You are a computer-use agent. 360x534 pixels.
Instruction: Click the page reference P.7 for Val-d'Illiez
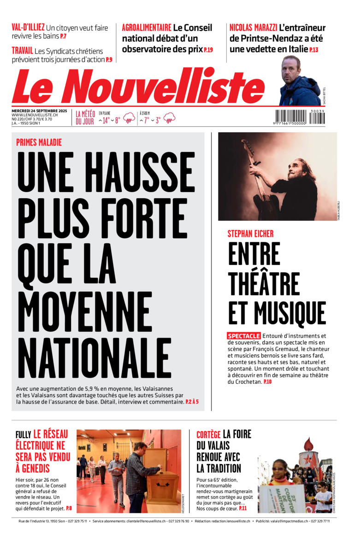pyautogui.click(x=63, y=36)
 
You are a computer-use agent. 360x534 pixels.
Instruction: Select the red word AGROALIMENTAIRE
pyautogui.click(x=146, y=28)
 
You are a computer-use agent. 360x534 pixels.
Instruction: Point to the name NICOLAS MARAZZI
pyautogui.click(x=253, y=28)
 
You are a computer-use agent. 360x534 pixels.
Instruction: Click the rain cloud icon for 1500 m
pyautogui.click(x=169, y=118)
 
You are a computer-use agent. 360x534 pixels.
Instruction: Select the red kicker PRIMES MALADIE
pyautogui.click(x=39, y=142)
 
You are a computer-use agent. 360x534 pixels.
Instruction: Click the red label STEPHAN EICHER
pyautogui.click(x=250, y=234)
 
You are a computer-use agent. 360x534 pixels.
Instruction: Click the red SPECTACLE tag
pyautogui.click(x=244, y=336)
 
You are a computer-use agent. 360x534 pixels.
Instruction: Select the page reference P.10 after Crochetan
pyautogui.click(x=268, y=382)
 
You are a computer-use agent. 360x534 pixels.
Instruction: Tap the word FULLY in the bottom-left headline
pyautogui.click(x=23, y=434)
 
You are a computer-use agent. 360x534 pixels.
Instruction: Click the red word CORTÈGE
pyautogui.click(x=208, y=434)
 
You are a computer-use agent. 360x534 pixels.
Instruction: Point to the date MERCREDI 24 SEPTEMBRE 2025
pyautogui.click(x=39, y=111)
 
